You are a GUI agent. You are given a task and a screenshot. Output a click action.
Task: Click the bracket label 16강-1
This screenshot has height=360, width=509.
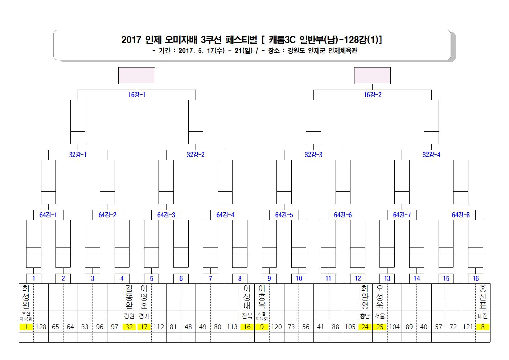pos(136,95)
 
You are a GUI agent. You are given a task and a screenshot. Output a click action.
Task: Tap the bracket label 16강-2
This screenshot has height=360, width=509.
pos(373,95)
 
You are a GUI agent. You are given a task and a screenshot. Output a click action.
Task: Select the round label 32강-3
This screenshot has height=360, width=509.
pos(313,155)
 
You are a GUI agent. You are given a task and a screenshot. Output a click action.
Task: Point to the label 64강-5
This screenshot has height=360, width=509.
pos(284,215)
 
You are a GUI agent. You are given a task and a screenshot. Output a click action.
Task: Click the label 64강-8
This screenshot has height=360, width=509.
pos(461,215)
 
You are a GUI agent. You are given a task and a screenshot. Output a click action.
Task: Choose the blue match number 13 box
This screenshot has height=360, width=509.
pos(387,278)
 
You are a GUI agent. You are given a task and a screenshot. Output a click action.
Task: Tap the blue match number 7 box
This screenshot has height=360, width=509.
pos(210,278)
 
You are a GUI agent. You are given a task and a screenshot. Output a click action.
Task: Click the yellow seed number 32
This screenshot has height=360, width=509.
pos(129,327)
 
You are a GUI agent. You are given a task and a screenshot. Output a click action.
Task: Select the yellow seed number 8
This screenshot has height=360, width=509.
pos(483,327)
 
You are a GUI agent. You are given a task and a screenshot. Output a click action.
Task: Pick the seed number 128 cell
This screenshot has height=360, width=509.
pos(41,327)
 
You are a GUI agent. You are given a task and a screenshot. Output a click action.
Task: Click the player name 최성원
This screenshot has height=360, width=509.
pos(26,296)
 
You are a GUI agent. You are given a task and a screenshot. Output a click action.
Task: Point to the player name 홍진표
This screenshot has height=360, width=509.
pos(483,296)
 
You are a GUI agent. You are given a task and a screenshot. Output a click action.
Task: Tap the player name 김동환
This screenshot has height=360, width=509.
pos(129,296)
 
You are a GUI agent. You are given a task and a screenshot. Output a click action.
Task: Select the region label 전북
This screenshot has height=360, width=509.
pos(247,316)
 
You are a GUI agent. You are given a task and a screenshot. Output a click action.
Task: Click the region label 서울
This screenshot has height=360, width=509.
pos(380,316)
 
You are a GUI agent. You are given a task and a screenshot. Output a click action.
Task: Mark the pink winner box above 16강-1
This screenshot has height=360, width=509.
pos(137,75)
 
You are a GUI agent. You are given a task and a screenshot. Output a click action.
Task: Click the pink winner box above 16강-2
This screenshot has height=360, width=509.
pos(373,75)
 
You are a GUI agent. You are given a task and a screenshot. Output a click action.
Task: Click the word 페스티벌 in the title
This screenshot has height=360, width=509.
pos(241,40)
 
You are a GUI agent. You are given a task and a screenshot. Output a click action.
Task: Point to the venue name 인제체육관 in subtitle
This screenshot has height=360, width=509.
pos(343,50)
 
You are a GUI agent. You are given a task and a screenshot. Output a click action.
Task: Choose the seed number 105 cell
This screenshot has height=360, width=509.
pos(350,327)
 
